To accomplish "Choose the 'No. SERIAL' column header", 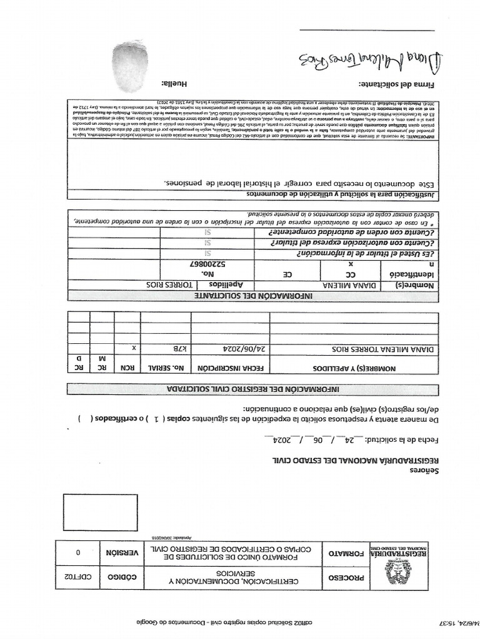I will click(x=168, y=368).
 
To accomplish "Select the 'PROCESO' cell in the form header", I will click(x=346, y=577).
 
